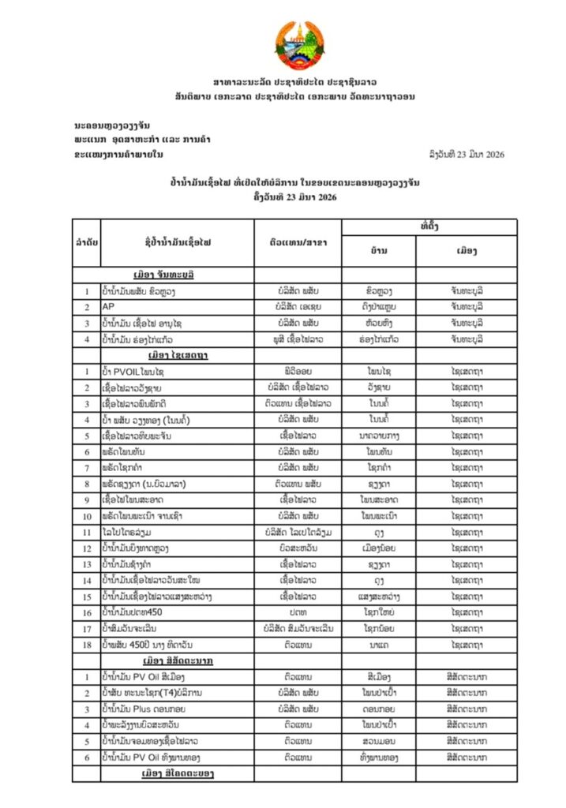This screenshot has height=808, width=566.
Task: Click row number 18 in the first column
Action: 87,644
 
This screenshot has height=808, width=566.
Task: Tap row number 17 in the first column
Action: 87,628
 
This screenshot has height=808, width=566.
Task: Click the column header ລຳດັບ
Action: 87,241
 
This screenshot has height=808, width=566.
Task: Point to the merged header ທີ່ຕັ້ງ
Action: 429,226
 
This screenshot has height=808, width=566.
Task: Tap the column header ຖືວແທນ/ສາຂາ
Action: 297,241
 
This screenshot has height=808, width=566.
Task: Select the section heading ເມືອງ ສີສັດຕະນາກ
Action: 178,660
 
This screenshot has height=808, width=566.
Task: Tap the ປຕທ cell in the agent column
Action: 298,612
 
